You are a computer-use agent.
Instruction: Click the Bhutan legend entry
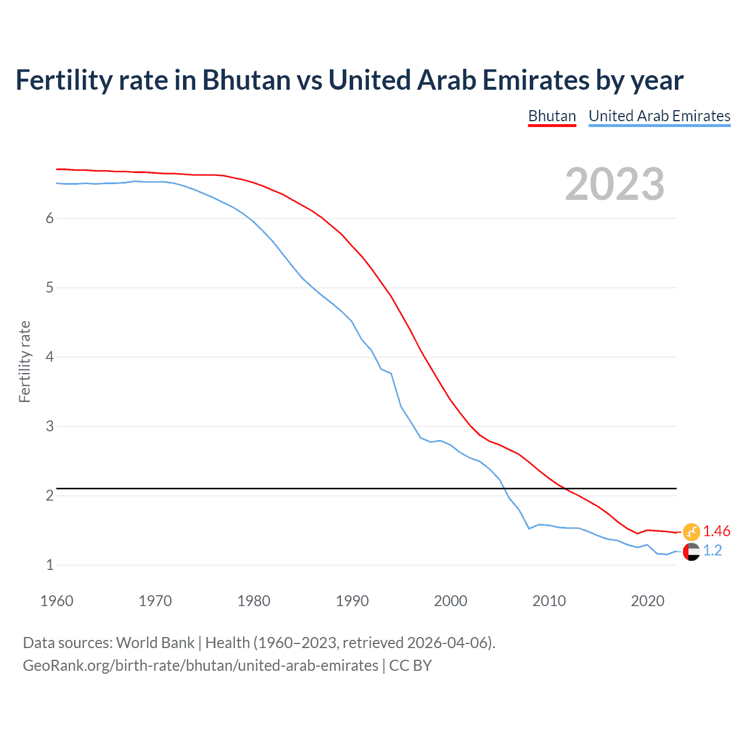coord(552,116)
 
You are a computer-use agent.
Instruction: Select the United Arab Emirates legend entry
coord(659,116)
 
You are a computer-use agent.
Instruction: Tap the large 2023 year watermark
coord(614,184)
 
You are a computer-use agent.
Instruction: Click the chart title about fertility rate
coord(349,80)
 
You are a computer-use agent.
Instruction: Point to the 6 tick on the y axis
coord(50,218)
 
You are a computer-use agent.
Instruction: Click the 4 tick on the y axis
coord(50,357)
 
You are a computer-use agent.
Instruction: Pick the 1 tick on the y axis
coord(50,565)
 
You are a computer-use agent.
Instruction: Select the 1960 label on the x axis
coord(57,601)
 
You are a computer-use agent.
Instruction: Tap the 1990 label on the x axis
coord(352,601)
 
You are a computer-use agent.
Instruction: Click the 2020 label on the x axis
coord(648,601)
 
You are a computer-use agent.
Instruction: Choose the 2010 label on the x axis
coord(549,601)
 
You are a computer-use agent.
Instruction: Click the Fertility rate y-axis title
coord(24,361)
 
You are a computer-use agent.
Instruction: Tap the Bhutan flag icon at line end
coord(691,531)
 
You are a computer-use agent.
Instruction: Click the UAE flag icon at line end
coord(691,551)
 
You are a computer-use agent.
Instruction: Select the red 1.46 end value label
coord(716,531)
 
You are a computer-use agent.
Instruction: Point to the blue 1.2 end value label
coord(712,551)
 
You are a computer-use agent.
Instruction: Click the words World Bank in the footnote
coord(155,643)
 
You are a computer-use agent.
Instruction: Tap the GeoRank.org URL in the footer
coord(200,666)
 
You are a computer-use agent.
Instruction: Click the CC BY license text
coord(410,666)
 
